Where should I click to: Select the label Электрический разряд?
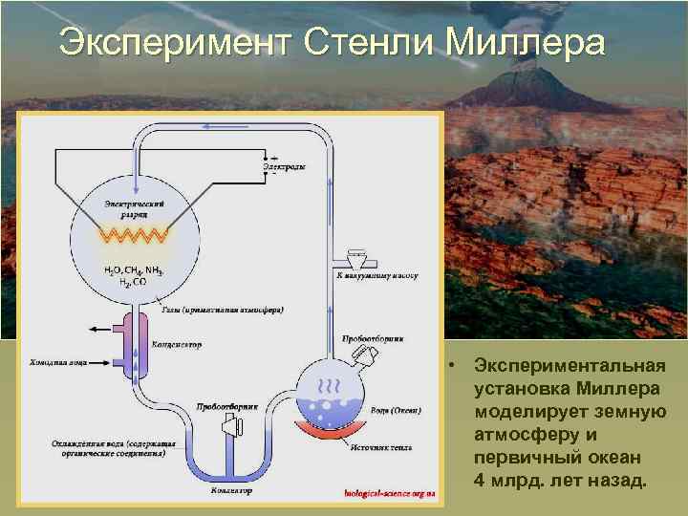tap(135, 209)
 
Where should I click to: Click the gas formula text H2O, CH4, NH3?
tap(134, 272)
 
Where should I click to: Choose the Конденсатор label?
tap(176, 345)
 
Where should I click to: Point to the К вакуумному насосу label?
tap(377, 275)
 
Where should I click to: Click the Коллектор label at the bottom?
tap(232, 491)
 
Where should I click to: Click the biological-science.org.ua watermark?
tap(390, 493)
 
